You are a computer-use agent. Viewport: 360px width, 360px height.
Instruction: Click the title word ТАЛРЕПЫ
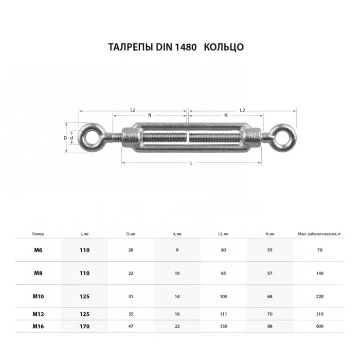131,47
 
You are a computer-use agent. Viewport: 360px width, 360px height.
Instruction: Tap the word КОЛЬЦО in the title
224,47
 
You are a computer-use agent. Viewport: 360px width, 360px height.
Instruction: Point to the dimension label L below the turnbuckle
191,164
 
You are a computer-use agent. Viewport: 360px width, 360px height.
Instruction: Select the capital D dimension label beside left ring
65,138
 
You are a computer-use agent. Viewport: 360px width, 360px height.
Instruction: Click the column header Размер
38,234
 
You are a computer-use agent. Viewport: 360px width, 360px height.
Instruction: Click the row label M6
38,250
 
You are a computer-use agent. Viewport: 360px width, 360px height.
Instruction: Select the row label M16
38,326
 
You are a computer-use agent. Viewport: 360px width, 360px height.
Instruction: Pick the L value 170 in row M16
85,326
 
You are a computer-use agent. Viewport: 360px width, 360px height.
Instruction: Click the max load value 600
320,326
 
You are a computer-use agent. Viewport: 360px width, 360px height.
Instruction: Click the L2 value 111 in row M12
223,314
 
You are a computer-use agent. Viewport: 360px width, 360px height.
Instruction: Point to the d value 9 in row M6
177,250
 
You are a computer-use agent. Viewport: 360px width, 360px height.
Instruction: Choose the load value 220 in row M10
320,297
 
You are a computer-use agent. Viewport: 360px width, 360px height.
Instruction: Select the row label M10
38,297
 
